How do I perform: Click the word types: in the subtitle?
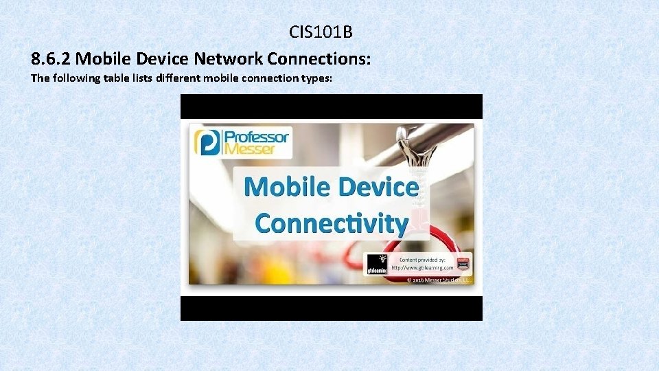click(316, 78)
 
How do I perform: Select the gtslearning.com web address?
click(422, 267)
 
